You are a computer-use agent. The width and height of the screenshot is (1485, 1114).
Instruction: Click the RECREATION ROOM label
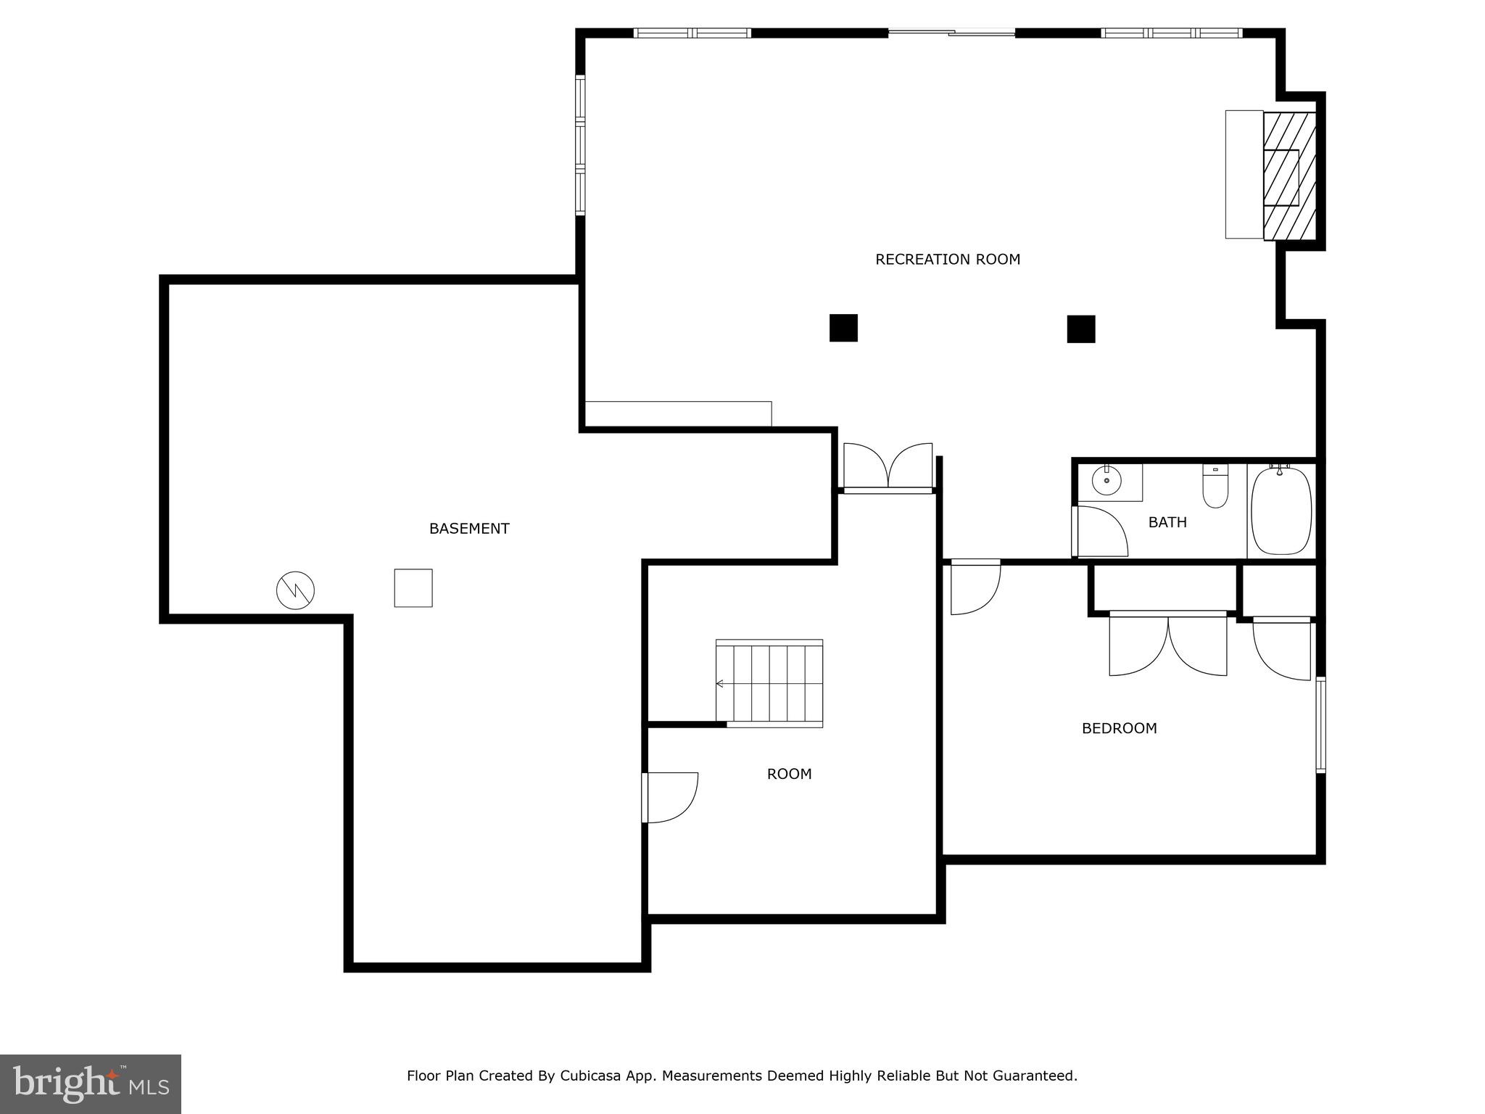pos(947,260)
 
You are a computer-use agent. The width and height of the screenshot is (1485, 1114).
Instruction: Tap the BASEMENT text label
pos(469,529)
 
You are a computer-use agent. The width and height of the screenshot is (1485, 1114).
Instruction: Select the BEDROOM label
pos(1119,728)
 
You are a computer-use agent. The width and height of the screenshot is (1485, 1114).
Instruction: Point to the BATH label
pos(1167,522)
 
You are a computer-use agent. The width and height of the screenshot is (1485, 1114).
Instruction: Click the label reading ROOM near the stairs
pos(789,774)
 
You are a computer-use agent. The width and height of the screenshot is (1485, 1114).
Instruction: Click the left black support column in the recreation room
pos(843,328)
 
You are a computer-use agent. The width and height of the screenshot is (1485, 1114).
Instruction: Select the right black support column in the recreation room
pos(1080,329)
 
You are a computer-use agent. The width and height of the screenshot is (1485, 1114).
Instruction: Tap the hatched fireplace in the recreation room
pos(1288,176)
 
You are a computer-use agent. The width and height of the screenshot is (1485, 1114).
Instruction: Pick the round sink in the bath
pos(1106,481)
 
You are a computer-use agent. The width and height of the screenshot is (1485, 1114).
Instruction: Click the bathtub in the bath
pos(1281,511)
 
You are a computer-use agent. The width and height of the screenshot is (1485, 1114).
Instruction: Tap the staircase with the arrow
pos(769,683)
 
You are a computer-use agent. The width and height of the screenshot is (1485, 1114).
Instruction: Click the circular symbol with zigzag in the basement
pos(296,590)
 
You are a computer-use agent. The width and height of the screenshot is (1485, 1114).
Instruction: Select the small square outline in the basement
pos(413,587)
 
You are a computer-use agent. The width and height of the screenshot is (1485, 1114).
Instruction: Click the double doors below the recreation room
pos(888,468)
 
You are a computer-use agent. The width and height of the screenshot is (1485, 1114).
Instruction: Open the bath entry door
pos(1100,532)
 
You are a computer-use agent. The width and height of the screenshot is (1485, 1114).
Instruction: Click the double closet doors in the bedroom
pos(1167,644)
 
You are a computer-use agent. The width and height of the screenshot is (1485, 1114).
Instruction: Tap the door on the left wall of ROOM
pos(671,797)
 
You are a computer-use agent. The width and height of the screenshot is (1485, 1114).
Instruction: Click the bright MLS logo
pos(91,1084)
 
